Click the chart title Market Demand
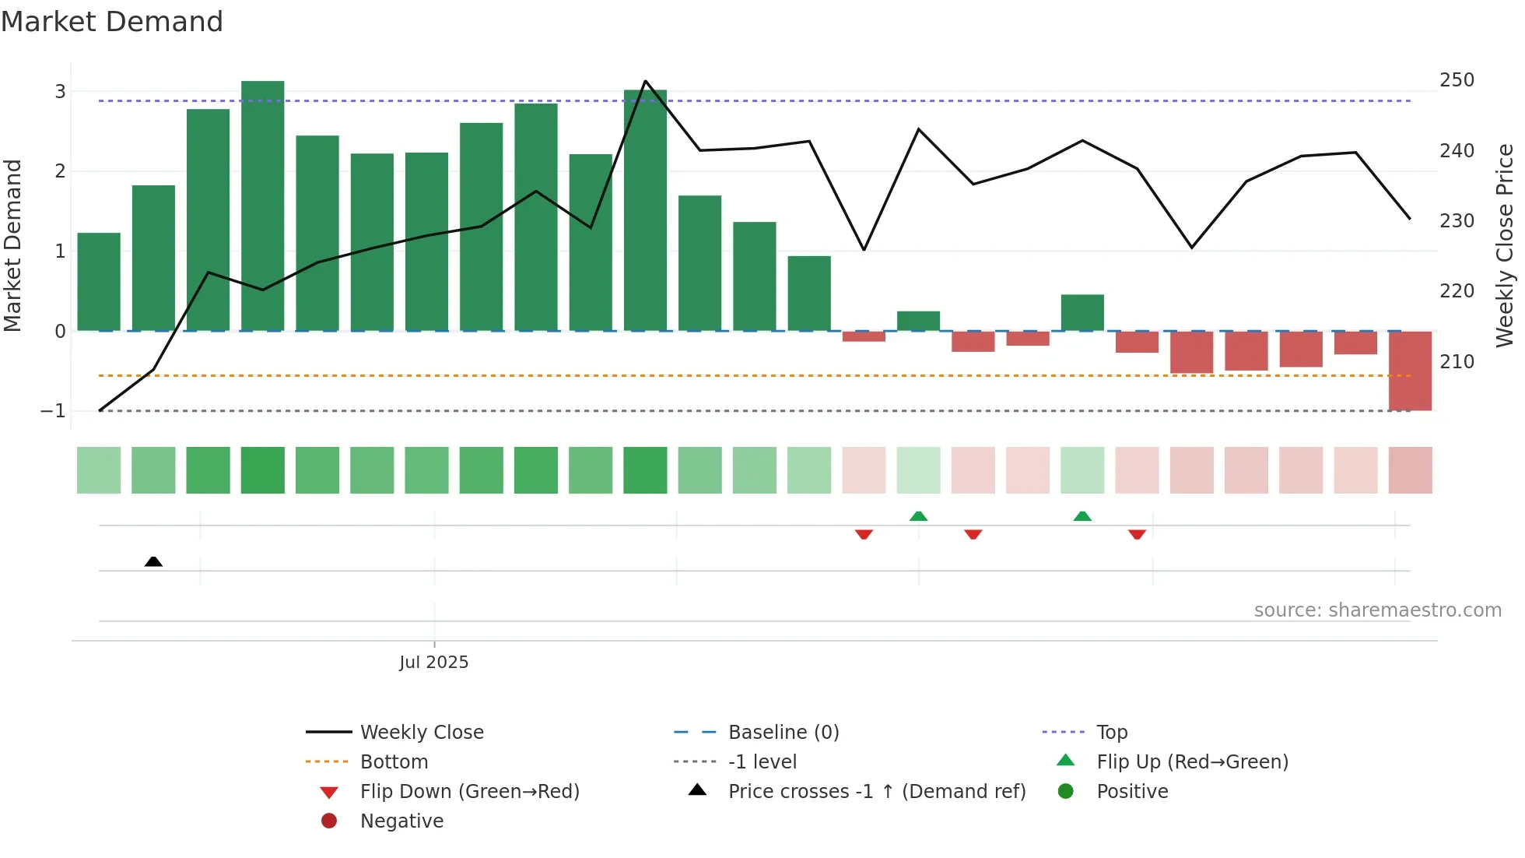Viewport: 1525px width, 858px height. coord(112,22)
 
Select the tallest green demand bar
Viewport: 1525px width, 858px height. coord(263,206)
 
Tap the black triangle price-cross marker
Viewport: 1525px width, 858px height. coord(153,561)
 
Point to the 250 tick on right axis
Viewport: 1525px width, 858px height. coord(1457,80)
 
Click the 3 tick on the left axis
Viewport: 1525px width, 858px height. coord(60,92)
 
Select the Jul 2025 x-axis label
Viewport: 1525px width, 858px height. coord(433,663)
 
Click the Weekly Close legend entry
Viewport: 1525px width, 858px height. coord(421,733)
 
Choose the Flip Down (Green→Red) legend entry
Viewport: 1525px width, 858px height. coord(469,792)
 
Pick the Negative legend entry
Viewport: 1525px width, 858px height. coord(401,821)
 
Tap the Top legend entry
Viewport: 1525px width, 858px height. coord(1111,733)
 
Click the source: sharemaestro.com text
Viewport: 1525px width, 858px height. coord(1377,610)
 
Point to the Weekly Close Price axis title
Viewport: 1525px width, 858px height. coord(1505,245)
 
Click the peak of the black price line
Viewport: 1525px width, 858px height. coord(645,81)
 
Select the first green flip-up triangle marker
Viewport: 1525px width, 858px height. coord(918,516)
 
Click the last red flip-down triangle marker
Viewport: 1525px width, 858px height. coord(1137,534)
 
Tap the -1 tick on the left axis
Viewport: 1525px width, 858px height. coord(53,411)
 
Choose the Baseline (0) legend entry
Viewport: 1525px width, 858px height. coord(783,733)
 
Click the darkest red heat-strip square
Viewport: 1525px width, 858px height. coord(1410,470)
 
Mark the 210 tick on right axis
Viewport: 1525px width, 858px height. coord(1457,362)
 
